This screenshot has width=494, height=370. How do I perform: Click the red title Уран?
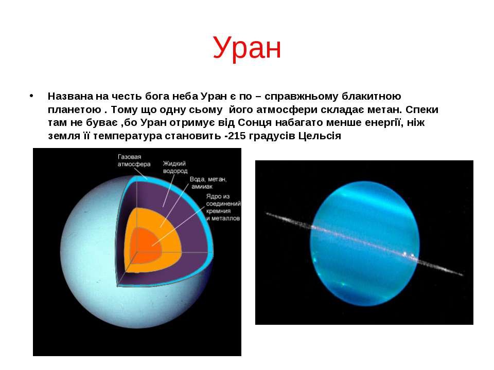(x=246, y=47)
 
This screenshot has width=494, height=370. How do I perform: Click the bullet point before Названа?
(x=31, y=96)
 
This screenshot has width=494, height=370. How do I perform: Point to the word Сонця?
(x=255, y=122)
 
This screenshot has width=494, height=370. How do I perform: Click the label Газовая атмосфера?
(x=134, y=160)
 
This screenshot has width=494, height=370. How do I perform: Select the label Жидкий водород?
(x=175, y=167)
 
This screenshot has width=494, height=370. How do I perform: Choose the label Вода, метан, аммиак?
(x=208, y=182)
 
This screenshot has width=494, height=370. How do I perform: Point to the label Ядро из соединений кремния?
(x=223, y=207)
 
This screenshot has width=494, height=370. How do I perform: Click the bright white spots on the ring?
(x=408, y=254)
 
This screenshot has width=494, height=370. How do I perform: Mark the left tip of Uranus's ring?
(x=266, y=213)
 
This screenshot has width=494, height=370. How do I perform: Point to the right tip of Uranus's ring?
(x=463, y=275)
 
